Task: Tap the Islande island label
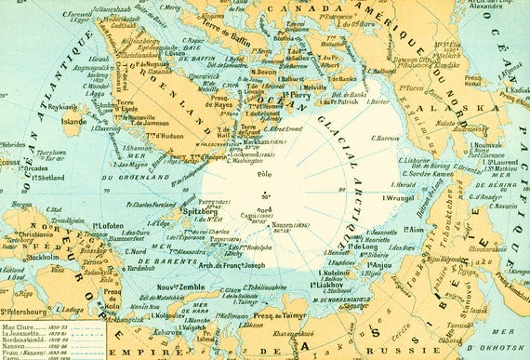(x=75, y=120)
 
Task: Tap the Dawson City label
(x=419, y=60)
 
